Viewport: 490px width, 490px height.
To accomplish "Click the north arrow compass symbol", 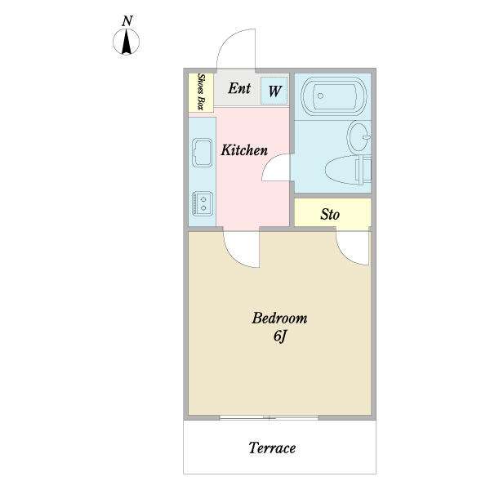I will [x=127, y=42].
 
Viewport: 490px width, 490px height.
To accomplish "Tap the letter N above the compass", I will [x=127, y=20].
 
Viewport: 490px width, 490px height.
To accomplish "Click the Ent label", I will [x=238, y=88].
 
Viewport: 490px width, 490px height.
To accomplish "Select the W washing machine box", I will [x=274, y=91].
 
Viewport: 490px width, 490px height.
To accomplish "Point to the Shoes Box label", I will [x=201, y=92].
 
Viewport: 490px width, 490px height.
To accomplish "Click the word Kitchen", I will [x=244, y=150].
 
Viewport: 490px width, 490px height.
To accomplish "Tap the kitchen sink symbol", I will [x=202, y=153].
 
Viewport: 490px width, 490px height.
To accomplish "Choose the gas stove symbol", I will [x=202, y=203].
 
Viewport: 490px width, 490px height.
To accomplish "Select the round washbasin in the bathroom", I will [x=359, y=136].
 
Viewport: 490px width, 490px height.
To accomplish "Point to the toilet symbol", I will [x=347, y=171].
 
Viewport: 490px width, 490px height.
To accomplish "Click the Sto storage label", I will [x=330, y=215].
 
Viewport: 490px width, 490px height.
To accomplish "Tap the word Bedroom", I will [x=278, y=318].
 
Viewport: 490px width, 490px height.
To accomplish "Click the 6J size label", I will [x=279, y=336].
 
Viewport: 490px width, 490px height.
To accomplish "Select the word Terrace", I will [x=271, y=448].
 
